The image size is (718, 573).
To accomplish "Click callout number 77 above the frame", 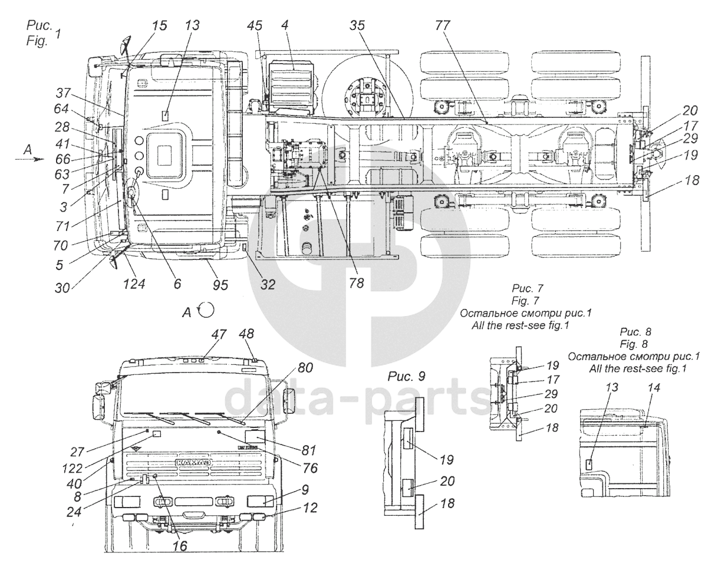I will coord(443,25).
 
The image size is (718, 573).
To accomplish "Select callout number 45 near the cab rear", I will coord(255,25).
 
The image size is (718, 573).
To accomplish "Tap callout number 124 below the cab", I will coord(134,284).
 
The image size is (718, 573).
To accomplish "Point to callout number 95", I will coord(220,285).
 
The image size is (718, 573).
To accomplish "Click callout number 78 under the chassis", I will coord(357,284).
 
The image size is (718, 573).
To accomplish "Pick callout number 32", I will coord(268,285).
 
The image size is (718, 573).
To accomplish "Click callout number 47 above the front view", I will coord(219,334).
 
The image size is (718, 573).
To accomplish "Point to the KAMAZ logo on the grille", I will coord(193,460).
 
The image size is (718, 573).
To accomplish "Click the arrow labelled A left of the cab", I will coord(32,159).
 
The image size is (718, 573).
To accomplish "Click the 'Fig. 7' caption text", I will coord(527,300).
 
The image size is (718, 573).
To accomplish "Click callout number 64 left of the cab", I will coord(61,109).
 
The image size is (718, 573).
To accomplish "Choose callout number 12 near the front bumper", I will coord(310,508).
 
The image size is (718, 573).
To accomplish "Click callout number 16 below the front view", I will coord(180,546).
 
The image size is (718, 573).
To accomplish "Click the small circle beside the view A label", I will coord(207,309).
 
